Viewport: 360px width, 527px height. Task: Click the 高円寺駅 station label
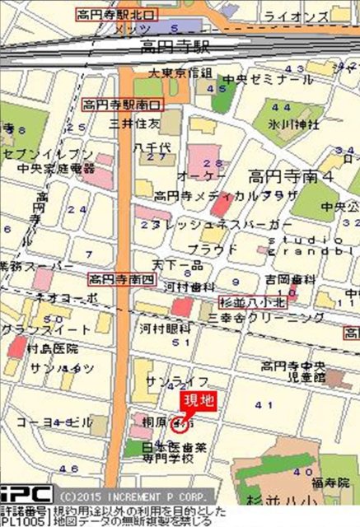click(x=175, y=46)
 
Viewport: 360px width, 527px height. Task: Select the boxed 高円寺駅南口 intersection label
click(x=123, y=105)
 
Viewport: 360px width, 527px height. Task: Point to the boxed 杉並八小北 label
click(x=254, y=301)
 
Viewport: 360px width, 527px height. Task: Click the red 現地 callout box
click(x=198, y=402)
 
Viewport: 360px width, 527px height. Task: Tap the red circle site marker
click(x=178, y=425)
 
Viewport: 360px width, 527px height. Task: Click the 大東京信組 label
click(x=180, y=73)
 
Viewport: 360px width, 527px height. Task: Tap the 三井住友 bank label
click(x=133, y=123)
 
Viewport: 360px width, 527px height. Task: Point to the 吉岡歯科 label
click(x=269, y=280)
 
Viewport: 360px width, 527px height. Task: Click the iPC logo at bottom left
click(x=26, y=496)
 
